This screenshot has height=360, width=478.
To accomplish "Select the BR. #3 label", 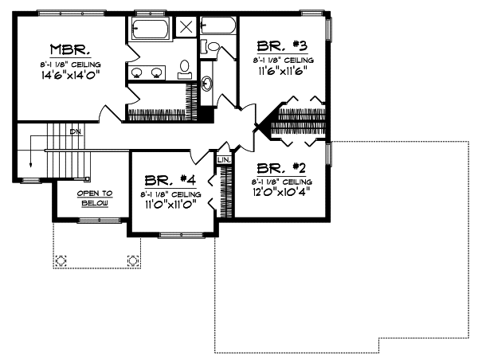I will pos(283,47).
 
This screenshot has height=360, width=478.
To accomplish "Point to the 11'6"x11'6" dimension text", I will pos(283,70).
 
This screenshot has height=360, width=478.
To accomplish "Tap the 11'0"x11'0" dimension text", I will pos(170,204).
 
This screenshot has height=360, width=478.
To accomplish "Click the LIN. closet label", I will pos(224,160).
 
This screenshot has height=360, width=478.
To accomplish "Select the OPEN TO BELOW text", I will pos(95,198).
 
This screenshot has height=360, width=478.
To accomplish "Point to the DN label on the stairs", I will pos(74,131).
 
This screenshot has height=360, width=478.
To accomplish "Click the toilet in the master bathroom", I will pos(185,67).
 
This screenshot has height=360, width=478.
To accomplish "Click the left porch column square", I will pos(61,259).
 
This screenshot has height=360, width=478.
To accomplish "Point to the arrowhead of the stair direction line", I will pos(31,166).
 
